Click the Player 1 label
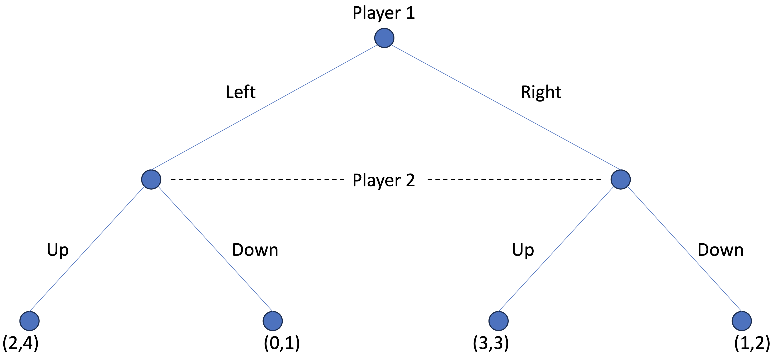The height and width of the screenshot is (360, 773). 384,13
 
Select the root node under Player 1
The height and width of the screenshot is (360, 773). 384,38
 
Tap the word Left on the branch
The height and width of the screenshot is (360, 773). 240,92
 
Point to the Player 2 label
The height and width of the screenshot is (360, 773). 384,180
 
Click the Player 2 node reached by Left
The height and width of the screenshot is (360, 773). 151,179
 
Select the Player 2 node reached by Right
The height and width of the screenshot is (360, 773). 621,179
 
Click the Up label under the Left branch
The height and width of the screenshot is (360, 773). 58,250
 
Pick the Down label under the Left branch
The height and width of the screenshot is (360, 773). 255,250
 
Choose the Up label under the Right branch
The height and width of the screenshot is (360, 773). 523,250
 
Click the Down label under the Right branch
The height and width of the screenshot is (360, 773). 720,250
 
